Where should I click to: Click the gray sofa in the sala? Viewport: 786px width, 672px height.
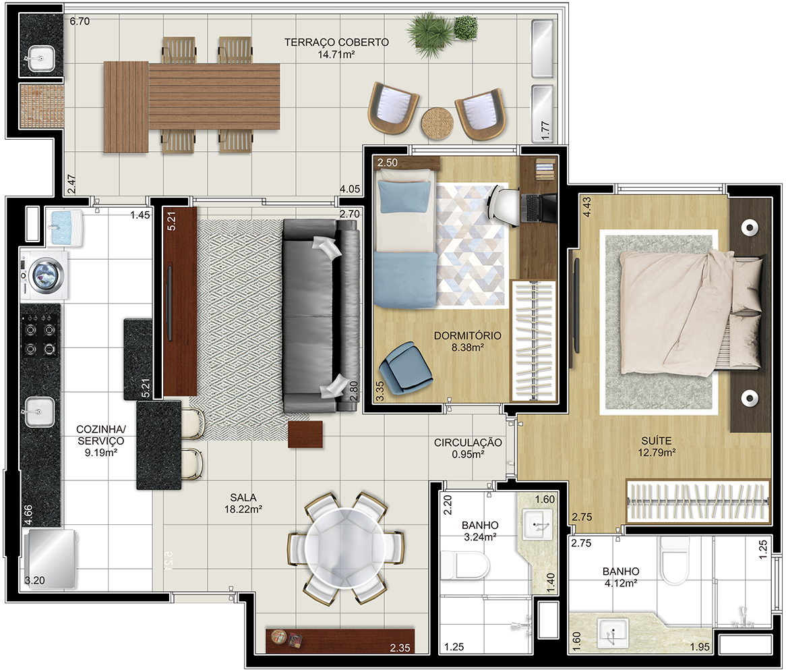(x=322, y=316)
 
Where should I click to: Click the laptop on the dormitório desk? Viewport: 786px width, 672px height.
(x=539, y=208)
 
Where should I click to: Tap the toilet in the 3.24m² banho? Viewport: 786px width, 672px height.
(x=464, y=565)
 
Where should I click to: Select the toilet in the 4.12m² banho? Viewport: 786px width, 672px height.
(x=674, y=561)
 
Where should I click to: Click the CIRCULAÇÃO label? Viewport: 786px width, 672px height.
(x=468, y=443)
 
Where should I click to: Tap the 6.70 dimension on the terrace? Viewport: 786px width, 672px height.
(x=80, y=21)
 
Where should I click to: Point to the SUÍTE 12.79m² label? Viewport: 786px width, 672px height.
(x=657, y=447)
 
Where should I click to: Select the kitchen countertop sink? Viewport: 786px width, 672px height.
(x=40, y=412)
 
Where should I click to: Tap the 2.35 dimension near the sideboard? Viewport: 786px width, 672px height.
(x=400, y=648)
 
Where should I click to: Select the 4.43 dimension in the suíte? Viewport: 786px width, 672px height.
(x=586, y=206)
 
